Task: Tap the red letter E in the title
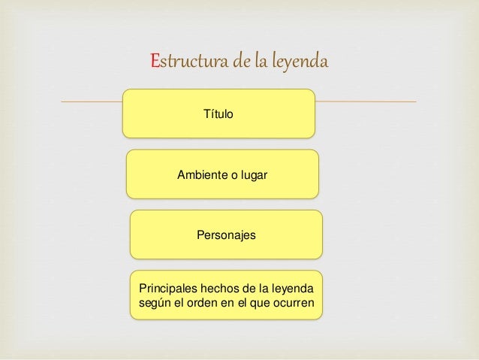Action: [x=155, y=61]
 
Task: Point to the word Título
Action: [x=218, y=115]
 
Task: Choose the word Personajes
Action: [x=226, y=235]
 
